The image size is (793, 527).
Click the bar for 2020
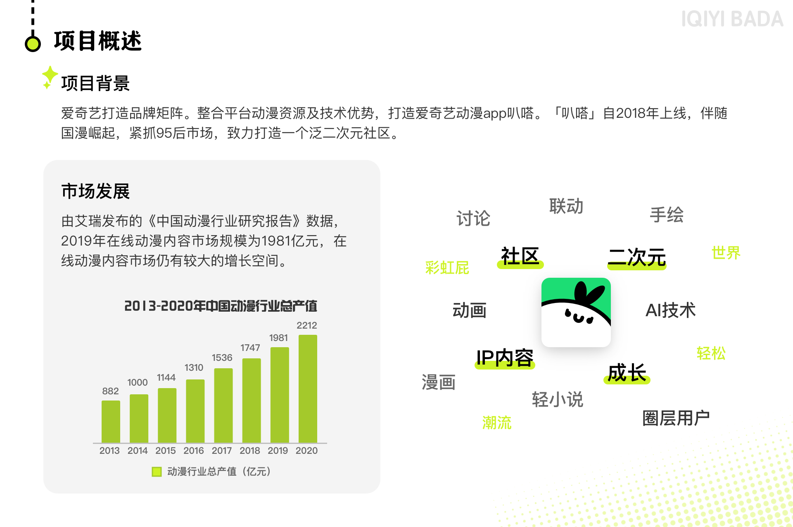point(308,389)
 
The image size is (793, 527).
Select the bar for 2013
point(111,422)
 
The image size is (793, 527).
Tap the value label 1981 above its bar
point(279,338)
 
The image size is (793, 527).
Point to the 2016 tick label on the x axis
point(194,451)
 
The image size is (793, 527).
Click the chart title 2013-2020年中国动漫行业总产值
point(221,306)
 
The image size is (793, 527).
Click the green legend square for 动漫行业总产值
point(157,472)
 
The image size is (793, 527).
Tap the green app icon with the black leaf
point(576,312)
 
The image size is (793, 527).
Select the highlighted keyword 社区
point(520,257)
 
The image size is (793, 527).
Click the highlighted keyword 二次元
point(637,258)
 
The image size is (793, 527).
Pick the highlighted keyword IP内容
point(505,358)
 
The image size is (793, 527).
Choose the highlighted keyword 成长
point(627,373)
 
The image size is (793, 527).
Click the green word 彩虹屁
point(447,268)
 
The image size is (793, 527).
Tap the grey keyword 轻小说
point(557,400)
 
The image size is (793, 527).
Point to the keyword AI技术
point(670,310)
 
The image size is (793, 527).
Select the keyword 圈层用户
point(676,418)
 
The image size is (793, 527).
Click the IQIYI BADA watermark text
point(732,19)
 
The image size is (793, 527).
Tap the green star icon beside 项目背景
point(50,77)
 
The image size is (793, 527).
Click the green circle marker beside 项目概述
point(33,43)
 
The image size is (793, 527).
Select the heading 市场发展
point(95,191)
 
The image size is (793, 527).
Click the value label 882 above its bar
point(110,391)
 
